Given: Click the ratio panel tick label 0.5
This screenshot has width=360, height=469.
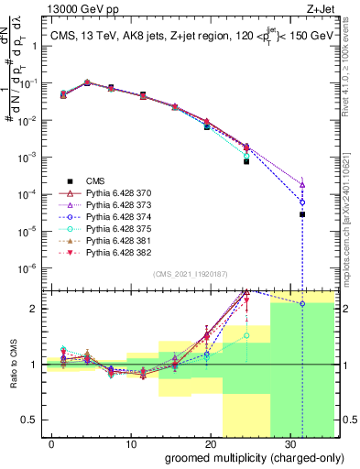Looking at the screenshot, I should point(30,420).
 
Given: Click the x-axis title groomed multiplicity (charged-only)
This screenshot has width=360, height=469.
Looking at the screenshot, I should point(243,457).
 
